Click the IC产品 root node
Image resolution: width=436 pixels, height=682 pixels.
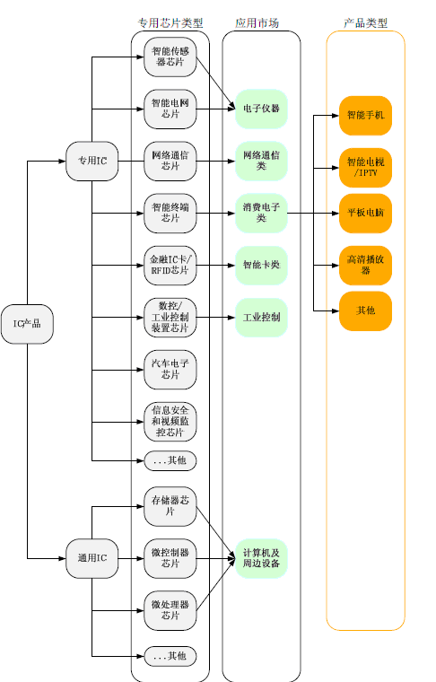27,324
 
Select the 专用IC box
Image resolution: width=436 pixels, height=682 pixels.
92,161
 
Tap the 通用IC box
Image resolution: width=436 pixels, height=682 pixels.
92,558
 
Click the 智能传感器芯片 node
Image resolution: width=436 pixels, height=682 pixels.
170,57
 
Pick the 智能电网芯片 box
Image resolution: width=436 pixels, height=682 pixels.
170,109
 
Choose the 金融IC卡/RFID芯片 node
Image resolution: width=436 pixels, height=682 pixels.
170,266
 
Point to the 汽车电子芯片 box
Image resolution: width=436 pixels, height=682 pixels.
170,370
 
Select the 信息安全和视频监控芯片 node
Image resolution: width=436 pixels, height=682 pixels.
170,422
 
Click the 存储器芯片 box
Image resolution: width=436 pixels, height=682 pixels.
170,506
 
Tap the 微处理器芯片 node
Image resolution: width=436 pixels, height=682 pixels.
170,610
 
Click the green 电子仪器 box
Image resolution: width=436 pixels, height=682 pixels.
261,109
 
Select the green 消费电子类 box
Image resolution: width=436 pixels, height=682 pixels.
261,214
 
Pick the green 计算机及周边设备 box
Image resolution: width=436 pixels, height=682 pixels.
261,558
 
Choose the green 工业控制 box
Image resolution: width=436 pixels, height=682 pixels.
261,318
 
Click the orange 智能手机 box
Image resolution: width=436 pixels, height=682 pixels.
366,115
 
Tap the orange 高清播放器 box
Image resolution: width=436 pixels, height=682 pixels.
366,266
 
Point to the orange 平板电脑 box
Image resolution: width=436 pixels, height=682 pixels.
366,214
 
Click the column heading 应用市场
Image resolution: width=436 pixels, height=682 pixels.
257,23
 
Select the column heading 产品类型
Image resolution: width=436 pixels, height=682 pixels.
366,23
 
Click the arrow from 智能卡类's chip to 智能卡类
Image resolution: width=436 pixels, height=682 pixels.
215,266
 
